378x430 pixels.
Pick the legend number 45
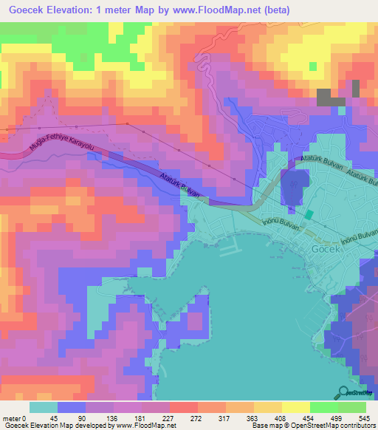click(53, 419)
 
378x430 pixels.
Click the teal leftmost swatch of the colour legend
click(44, 407)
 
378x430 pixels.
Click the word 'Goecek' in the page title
click(26, 10)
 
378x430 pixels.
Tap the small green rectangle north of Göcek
click(309, 215)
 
